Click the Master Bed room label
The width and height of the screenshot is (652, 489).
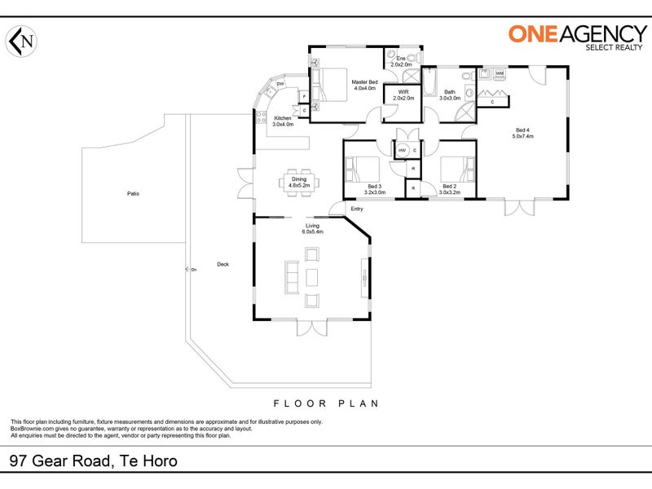364,85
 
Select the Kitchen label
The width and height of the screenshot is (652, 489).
283,121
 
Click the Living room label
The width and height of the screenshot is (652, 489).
313,228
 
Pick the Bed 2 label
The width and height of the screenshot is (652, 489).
450,189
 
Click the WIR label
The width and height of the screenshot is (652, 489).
403,95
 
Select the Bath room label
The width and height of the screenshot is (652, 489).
450,95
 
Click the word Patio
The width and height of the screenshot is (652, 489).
133,194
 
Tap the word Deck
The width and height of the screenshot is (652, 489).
222,264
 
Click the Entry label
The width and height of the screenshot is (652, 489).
357,209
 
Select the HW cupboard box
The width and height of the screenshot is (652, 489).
402,151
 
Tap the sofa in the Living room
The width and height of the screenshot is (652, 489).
289,277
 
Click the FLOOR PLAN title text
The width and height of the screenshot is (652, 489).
326,403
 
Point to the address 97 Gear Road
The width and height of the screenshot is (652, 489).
94,461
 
